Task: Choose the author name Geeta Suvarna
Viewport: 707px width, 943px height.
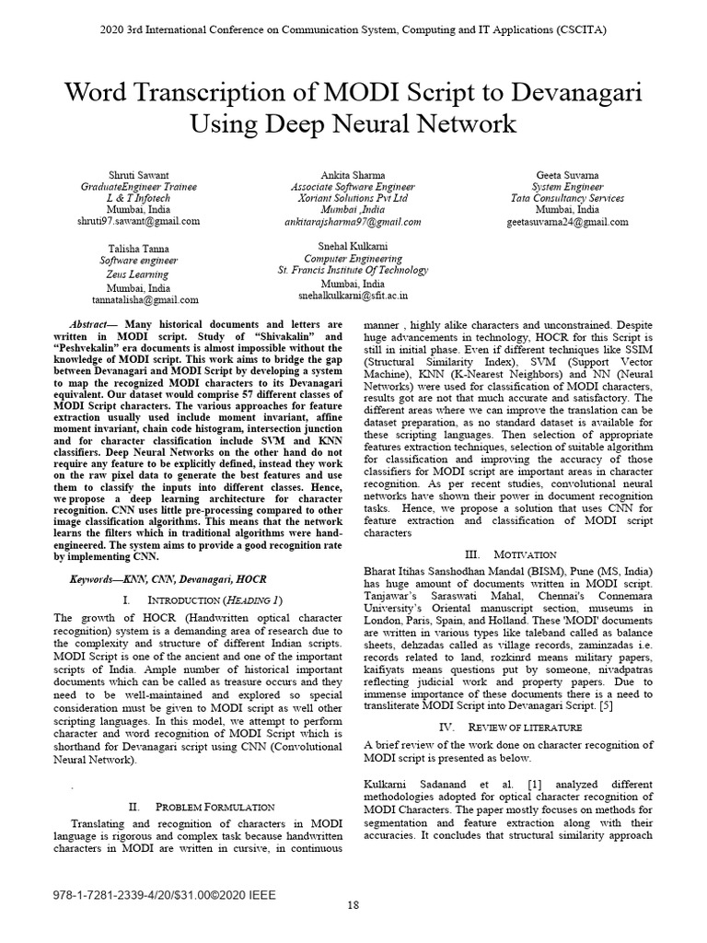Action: pos(567,174)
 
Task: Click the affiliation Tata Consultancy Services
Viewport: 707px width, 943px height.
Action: pos(567,198)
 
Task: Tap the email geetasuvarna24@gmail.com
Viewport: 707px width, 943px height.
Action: pos(567,222)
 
